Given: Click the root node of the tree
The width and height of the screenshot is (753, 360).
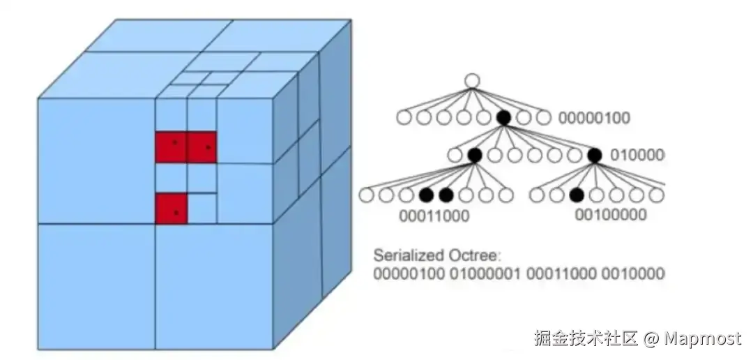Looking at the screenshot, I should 472,81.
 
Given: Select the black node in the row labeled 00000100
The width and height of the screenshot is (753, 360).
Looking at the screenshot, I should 503,117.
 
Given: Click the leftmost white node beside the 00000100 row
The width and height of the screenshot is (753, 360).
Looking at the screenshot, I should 404,117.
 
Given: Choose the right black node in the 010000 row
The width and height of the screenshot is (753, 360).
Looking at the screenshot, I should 595,155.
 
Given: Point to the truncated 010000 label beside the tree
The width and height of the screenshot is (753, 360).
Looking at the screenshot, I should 637,155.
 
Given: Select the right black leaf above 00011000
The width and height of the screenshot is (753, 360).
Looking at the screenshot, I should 446,195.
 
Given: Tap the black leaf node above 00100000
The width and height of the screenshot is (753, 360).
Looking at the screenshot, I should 576,195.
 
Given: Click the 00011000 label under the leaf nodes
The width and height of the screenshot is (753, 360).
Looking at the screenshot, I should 434,216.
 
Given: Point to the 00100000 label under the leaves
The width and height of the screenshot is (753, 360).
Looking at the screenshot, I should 610,215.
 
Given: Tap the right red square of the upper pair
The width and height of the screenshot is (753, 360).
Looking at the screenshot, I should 202,147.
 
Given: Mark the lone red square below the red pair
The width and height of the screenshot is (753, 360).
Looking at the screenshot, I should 171,209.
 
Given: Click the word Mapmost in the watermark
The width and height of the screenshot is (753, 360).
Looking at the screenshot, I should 702,339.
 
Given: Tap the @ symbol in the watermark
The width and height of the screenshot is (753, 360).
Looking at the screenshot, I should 651,339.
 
